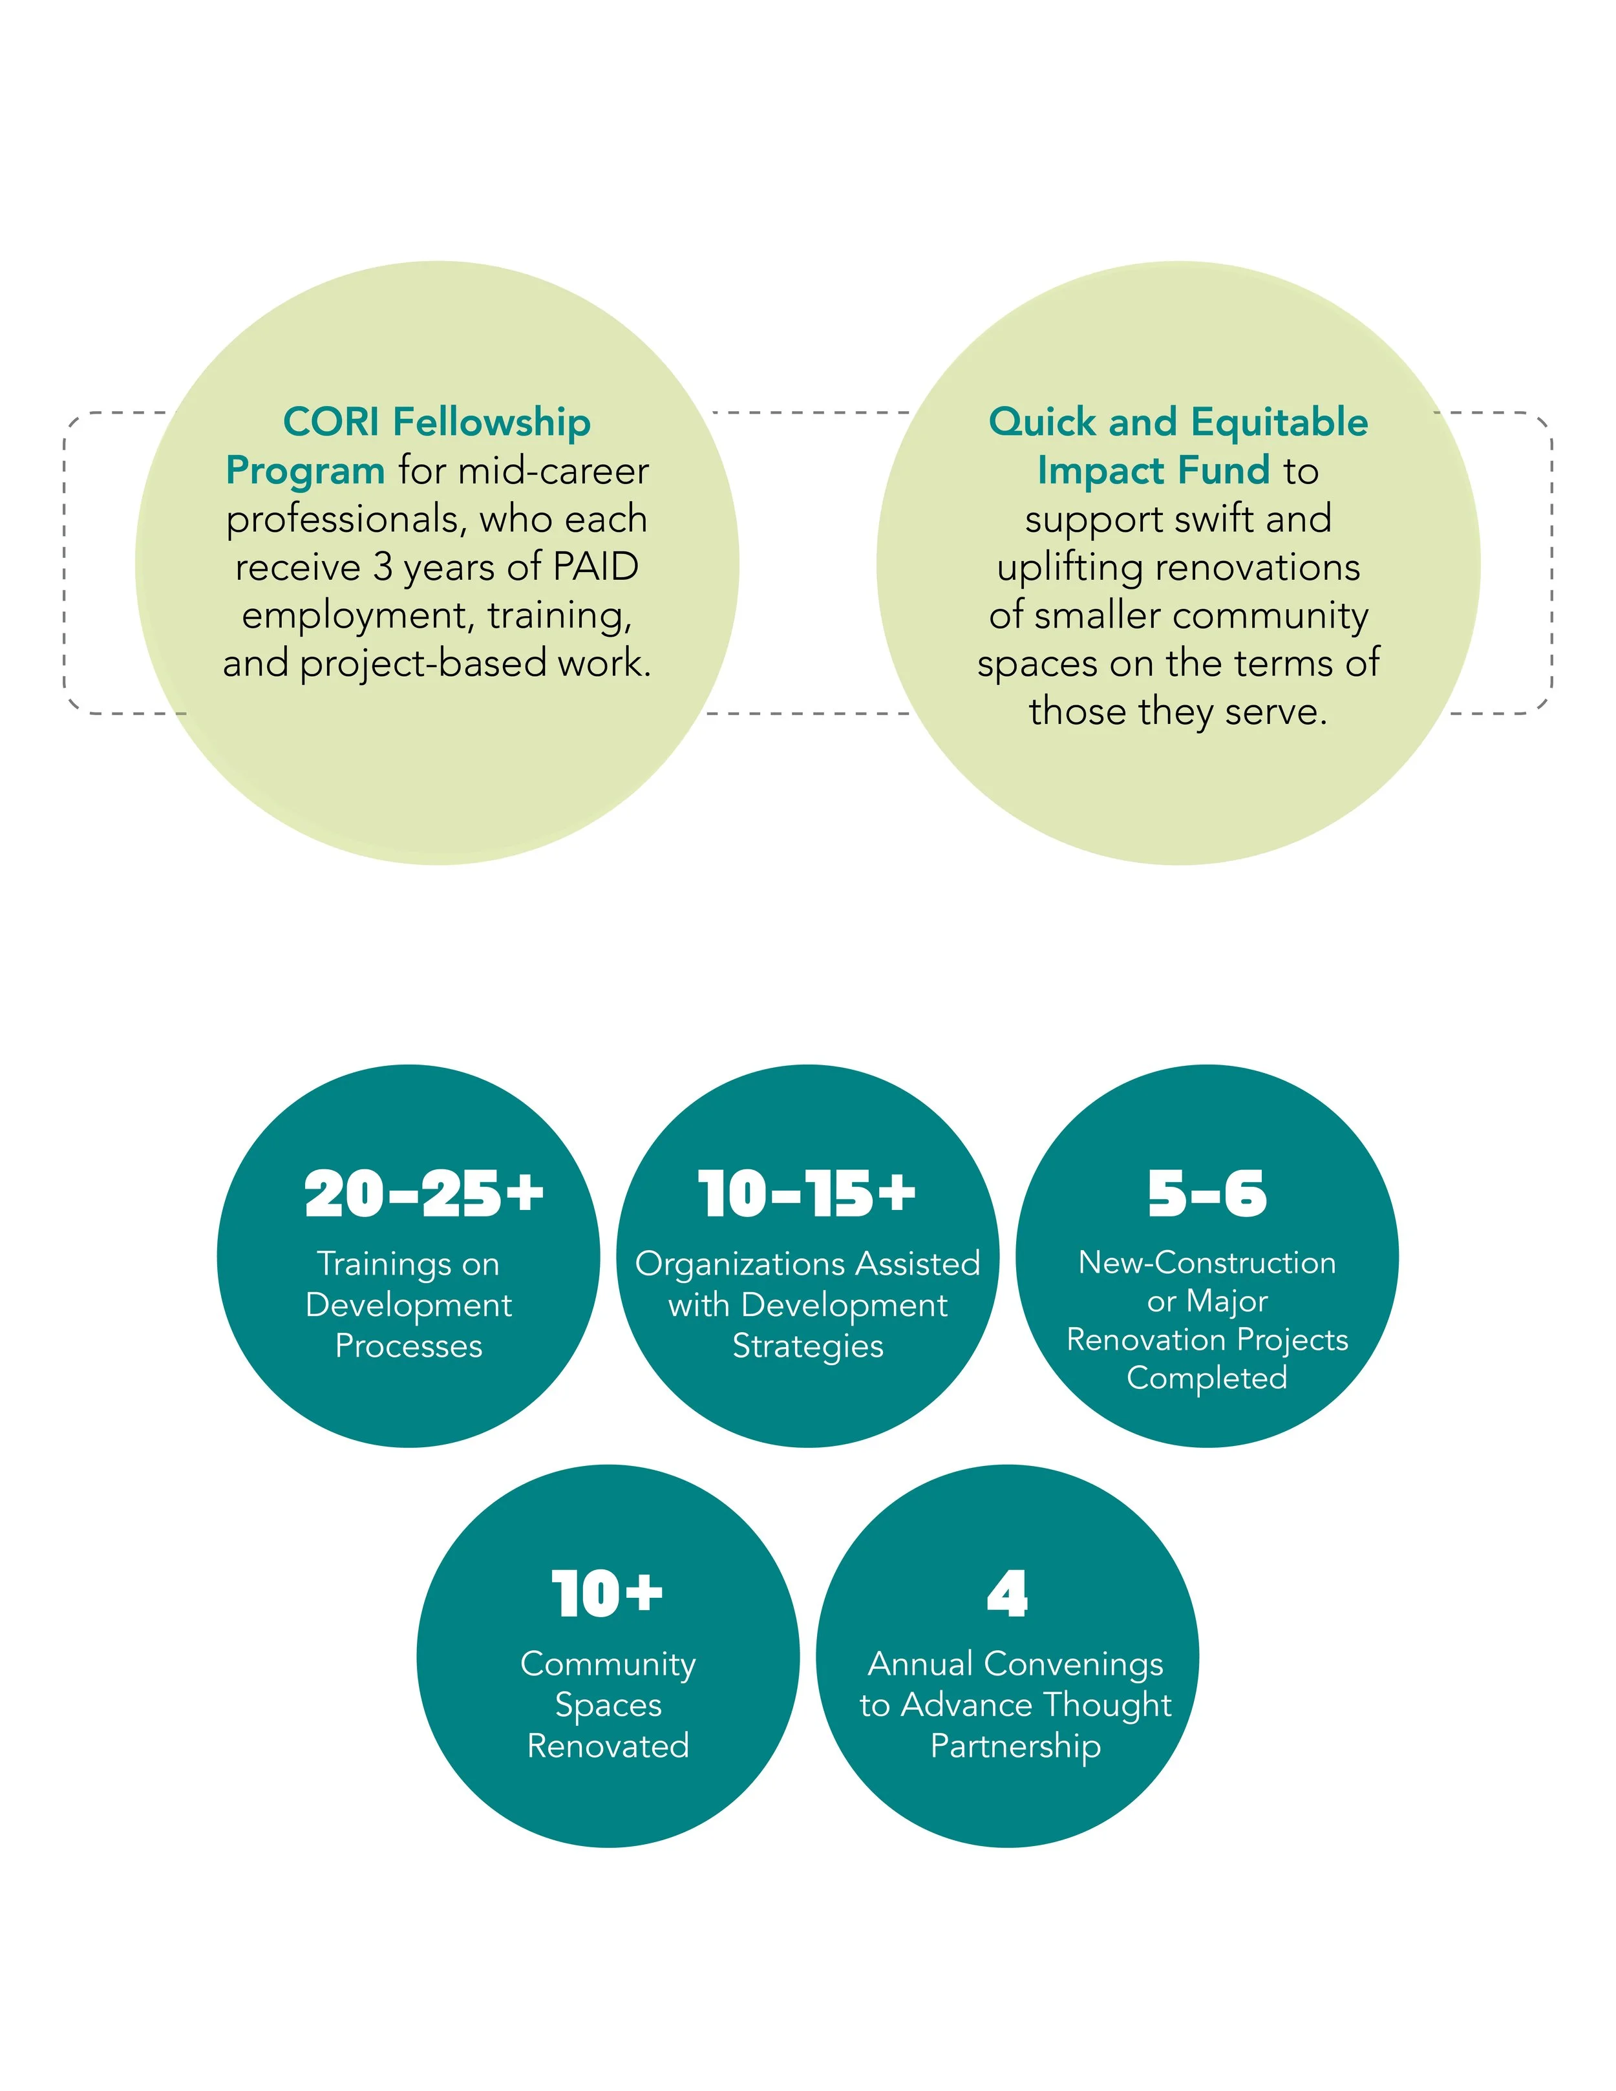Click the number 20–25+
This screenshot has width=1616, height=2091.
pyautogui.click(x=424, y=1195)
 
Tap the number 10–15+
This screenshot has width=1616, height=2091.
pyautogui.click(x=807, y=1195)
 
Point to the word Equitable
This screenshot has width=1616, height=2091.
pyautogui.click(x=1279, y=422)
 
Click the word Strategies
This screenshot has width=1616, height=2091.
pyautogui.click(x=807, y=1346)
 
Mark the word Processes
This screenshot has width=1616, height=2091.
pyautogui.click(x=409, y=1346)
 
